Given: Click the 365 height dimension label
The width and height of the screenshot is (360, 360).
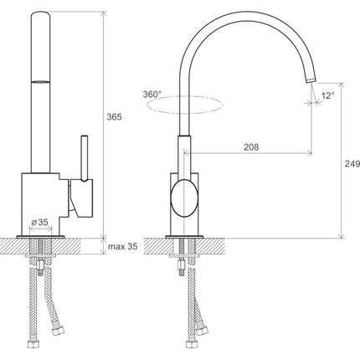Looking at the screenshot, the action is click(x=115, y=117).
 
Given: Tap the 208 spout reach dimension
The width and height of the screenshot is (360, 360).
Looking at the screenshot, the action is click(x=251, y=147).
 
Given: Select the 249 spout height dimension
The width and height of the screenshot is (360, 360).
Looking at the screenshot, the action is click(x=352, y=164).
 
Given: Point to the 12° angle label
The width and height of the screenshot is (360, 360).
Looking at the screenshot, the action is click(x=327, y=95).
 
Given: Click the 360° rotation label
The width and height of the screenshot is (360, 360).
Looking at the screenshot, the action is click(x=152, y=95).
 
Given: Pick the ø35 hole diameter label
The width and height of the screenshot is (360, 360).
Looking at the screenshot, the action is click(x=39, y=222).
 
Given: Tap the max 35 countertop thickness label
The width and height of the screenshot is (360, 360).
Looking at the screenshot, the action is click(x=123, y=246).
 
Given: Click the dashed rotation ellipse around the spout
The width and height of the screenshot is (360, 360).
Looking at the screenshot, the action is click(x=184, y=113).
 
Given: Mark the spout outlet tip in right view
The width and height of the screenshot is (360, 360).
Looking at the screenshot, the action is click(x=311, y=80).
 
